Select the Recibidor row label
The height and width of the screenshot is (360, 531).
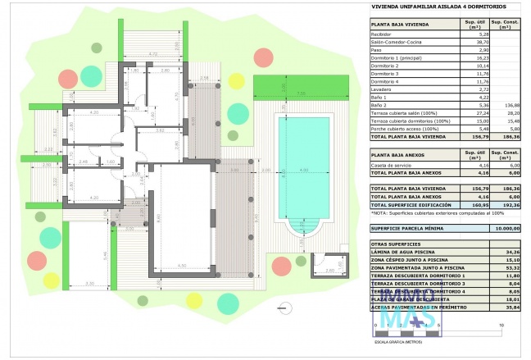[x=381, y=34]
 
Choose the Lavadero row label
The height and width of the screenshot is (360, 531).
[x=381, y=89]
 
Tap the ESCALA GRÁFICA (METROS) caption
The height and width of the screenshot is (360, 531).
[x=397, y=341]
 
